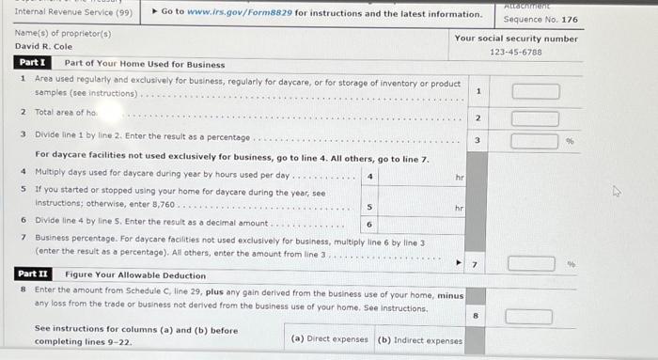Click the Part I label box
pos(32,63)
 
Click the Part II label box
pos(33,274)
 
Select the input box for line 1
pos(535,91)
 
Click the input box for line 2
pos(535,118)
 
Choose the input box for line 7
pos(532,264)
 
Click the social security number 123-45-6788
pos(515,53)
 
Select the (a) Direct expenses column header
pos(330,339)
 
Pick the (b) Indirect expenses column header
pos(419,339)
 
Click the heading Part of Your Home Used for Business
pos(145,64)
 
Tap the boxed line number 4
pos(371,176)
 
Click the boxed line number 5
pos(370,206)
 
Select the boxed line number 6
pos(370,225)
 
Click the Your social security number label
pos(516,39)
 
